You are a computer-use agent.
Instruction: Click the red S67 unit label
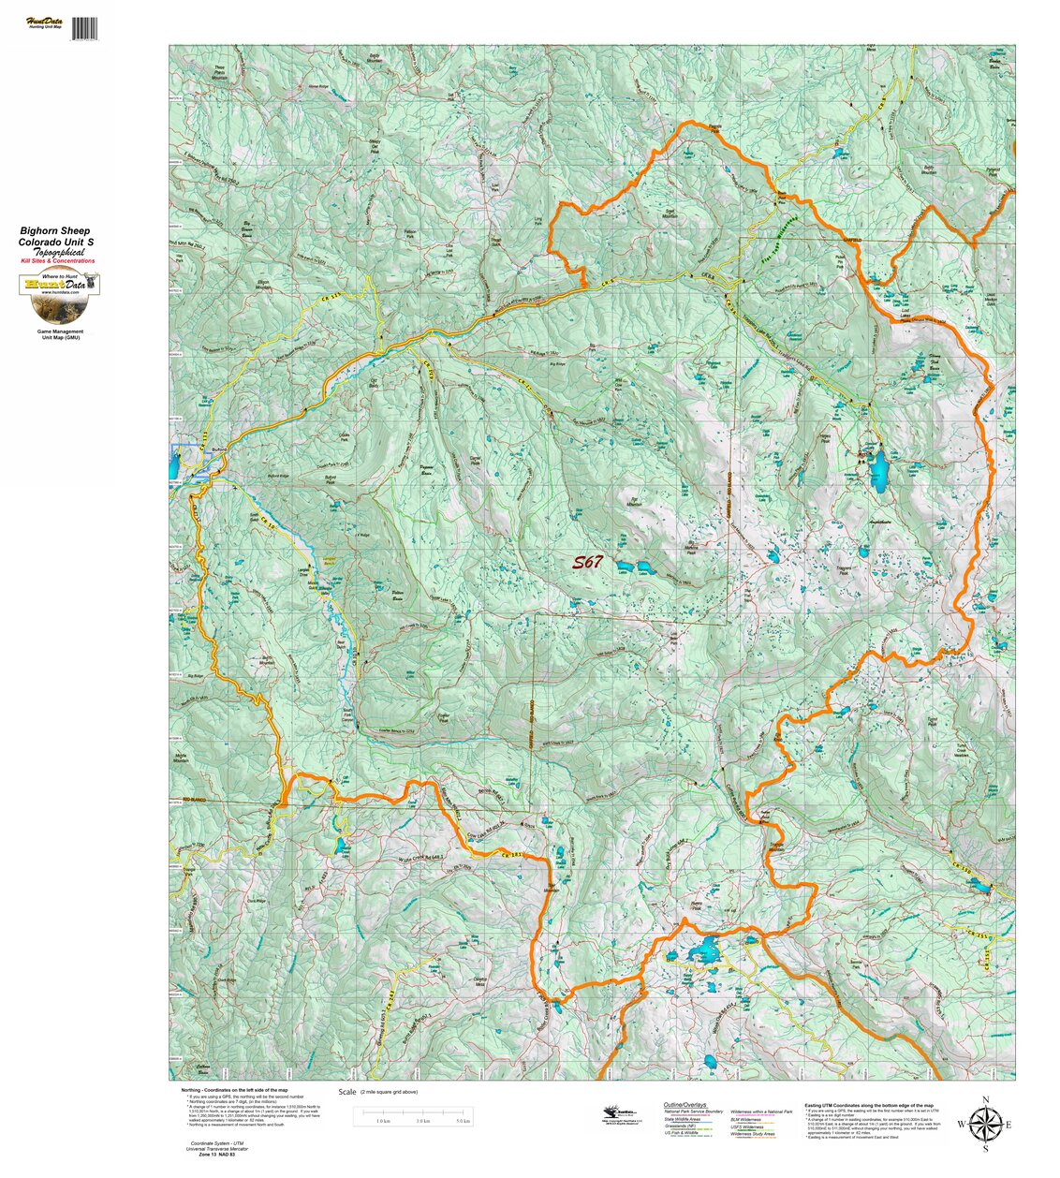(588, 563)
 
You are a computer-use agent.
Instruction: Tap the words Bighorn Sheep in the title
(55, 230)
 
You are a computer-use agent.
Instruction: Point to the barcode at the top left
(84, 28)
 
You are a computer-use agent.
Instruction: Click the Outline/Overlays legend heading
(684, 1105)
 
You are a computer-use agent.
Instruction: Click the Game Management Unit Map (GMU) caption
(59, 334)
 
